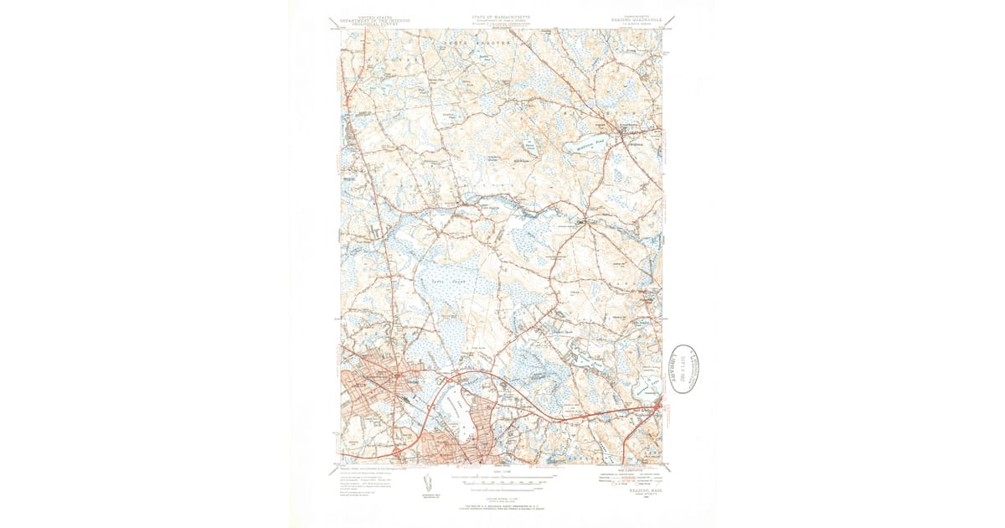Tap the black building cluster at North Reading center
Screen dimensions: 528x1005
tap(581, 222)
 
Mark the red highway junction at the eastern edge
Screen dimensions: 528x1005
tap(658, 409)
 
